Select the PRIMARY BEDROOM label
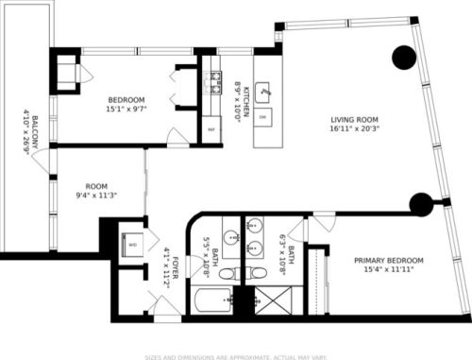(x=388, y=260)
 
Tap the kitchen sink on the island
(x=265, y=92)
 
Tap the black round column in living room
(x=404, y=58)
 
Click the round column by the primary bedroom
(x=420, y=203)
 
